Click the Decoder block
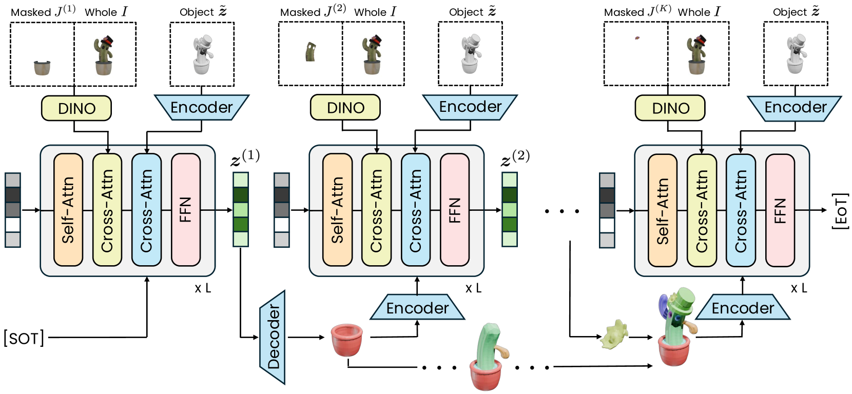coord(273,338)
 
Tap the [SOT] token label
coord(24,338)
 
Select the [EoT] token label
coord(840,210)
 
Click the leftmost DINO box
coord(76,108)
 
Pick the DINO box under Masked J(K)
coord(670,108)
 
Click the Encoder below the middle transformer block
coord(417,308)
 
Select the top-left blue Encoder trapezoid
coord(202,107)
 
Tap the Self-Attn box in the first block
coord(68,210)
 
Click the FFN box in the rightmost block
coord(780,210)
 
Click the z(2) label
coord(515,158)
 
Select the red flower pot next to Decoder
coord(347,339)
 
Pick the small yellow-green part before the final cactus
coord(614,336)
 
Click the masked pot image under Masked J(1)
coord(42,67)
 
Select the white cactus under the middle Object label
coord(470,54)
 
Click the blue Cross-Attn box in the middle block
coord(416,210)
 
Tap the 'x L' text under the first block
coord(203,288)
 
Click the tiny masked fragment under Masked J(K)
coord(637,37)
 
